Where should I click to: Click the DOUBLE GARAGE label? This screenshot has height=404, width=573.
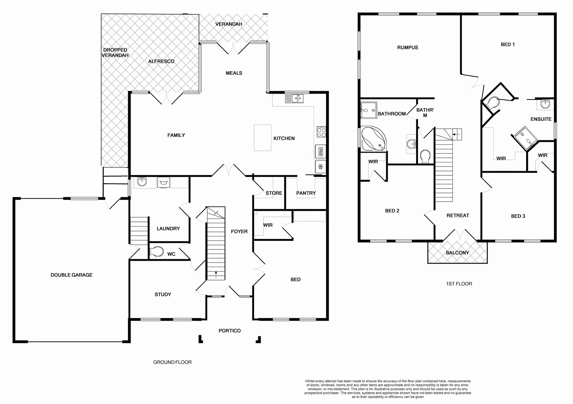pos(71,275)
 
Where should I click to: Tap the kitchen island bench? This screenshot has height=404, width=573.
pos(263,138)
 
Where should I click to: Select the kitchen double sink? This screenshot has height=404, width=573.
pos(295,98)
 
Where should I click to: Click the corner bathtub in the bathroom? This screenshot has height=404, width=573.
pos(373,138)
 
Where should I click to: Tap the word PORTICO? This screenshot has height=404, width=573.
pos(229,331)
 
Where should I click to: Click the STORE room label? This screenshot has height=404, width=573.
pos(274,193)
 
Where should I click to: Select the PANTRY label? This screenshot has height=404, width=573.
pos(306,193)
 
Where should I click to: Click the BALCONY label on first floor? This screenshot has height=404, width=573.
pos(457,253)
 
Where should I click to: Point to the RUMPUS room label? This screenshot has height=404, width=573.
pos(408,48)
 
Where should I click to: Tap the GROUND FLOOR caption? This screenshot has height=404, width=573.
pos(172,362)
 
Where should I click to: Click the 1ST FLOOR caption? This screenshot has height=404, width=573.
pos(459,284)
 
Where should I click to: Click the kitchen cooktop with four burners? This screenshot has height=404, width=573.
pos(321,132)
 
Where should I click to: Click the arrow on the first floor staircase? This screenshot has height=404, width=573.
pos(457,134)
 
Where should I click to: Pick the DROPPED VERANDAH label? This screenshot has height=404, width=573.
pos(116,53)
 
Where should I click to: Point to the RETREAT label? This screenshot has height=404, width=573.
pos(458,215)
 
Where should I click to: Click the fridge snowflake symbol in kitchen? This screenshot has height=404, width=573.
pos(320,166)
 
